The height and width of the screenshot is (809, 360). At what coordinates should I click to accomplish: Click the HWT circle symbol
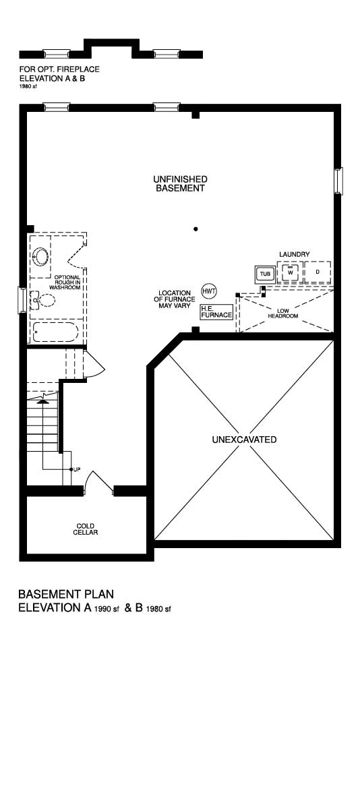tap(209, 291)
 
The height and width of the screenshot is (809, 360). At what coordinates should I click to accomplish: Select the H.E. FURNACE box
tap(216, 312)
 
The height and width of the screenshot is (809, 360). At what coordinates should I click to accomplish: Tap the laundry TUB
tap(266, 274)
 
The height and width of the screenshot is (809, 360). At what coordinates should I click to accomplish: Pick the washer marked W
tap(291, 272)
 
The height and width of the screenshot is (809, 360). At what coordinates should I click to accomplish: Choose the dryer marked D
tap(318, 272)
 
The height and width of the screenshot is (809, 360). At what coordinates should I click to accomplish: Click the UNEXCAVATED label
tap(245, 440)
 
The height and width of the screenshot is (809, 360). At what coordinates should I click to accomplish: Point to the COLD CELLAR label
tap(86, 529)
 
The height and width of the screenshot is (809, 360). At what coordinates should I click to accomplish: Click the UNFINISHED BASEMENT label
tap(180, 183)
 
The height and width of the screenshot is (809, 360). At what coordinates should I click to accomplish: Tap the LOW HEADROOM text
tap(283, 313)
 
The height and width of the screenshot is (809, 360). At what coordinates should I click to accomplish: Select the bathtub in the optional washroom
tap(55, 332)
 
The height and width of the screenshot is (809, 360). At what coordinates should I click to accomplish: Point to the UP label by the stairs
tap(77, 469)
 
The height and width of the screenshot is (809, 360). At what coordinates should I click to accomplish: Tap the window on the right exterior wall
tap(338, 181)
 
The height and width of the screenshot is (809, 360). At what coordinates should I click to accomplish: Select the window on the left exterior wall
tap(22, 300)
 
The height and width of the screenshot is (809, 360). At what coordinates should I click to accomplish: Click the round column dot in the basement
tap(196, 229)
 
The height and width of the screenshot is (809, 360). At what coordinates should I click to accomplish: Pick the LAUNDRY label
tap(295, 254)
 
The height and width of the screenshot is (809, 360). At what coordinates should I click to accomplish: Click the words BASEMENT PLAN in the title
tap(66, 594)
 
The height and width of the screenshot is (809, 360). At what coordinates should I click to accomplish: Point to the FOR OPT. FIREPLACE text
tap(59, 69)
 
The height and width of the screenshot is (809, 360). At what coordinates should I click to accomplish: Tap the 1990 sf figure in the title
tap(107, 609)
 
